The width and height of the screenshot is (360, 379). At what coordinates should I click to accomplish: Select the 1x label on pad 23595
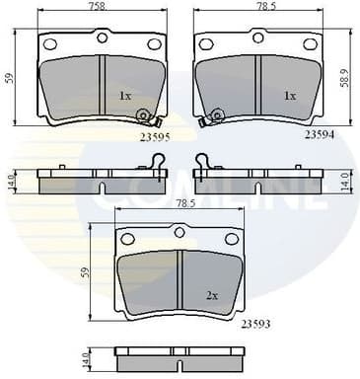[x=125, y=96]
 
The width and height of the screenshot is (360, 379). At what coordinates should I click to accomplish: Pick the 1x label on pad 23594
[x=290, y=96]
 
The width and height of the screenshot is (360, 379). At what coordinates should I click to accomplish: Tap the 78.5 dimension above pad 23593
[x=186, y=203]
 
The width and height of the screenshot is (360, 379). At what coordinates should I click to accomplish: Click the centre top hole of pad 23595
[x=102, y=38]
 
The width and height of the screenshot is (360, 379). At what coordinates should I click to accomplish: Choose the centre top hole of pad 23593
[x=180, y=233]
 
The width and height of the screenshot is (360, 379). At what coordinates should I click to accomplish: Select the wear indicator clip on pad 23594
[x=211, y=118]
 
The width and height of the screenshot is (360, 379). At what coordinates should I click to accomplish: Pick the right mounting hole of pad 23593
[x=231, y=239]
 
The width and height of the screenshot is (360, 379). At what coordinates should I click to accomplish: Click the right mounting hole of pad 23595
[x=154, y=44]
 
